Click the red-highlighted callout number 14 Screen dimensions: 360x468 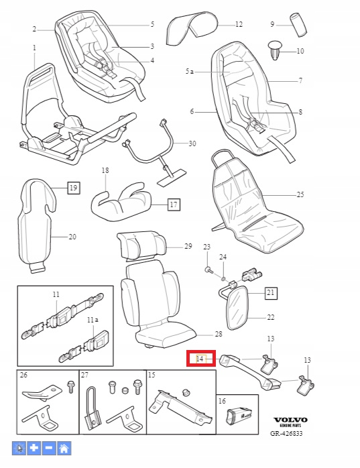[x=200, y=359]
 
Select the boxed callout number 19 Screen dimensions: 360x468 [x=74, y=188]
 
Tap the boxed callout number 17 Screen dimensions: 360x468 [x=174, y=204]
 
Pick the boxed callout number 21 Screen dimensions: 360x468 [x=271, y=292]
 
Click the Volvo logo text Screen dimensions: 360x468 [x=290, y=420]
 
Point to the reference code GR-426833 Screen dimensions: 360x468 [x=286, y=433]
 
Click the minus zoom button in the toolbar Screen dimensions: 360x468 [x=49, y=448]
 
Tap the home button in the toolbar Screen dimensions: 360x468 [x=64, y=448]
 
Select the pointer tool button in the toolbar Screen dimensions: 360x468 [x=19, y=448]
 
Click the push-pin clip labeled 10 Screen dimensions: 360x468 [x=275, y=50]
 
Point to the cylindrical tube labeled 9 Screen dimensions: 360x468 [x=298, y=25]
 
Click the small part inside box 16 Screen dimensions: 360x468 [x=237, y=416]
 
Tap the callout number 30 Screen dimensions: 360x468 [x=192, y=143]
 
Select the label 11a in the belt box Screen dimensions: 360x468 [x=93, y=320]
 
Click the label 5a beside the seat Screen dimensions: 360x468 [x=189, y=71]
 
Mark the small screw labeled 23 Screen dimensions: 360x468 [x=208, y=270]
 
